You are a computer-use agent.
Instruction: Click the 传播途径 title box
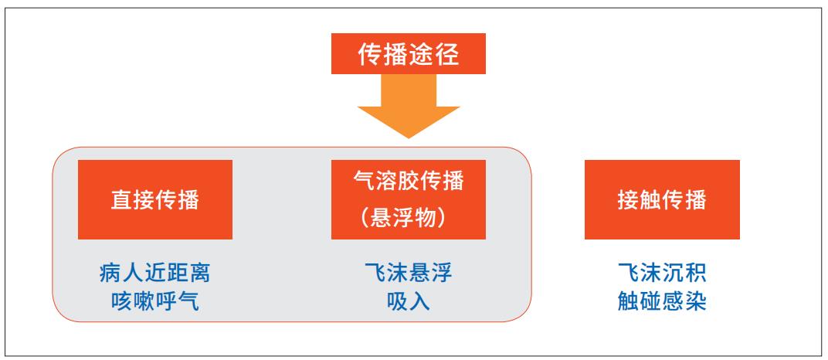[408, 53]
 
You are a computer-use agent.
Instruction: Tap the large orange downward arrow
[408, 106]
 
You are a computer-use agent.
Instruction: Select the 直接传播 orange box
[155, 199]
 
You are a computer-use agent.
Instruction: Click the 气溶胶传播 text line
[408, 181]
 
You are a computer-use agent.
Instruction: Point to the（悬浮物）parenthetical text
[408, 218]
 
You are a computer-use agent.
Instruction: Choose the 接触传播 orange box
[662, 199]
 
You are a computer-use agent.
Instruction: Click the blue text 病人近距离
[155, 273]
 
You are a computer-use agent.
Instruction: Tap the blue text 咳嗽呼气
[155, 301]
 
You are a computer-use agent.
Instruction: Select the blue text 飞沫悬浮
[408, 273]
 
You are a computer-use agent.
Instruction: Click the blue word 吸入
[408, 301]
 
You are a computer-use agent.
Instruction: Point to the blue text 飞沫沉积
[662, 273]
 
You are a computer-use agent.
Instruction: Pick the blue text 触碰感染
[662, 301]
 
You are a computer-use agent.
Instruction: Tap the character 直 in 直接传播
[122, 200]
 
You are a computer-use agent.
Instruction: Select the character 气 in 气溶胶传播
[364, 181]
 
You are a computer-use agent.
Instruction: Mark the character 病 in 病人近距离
[111, 273]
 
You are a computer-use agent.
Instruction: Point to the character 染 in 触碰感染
[695, 301]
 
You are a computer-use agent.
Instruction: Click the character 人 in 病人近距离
[133, 273]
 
